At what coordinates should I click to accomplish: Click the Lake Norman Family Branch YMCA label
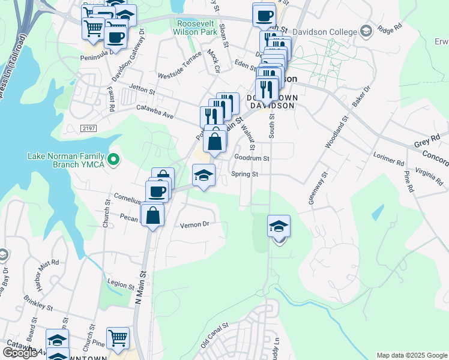coord(66,160)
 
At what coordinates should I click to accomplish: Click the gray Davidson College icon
coord(366,31)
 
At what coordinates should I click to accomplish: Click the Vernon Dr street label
coord(194,224)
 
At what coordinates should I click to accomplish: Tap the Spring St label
coord(246,175)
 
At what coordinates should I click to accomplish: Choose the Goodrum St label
coord(252,158)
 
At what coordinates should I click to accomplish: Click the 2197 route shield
coord(89,128)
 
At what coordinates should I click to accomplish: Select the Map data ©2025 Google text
coord(411,355)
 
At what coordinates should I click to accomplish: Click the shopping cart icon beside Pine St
coord(118,337)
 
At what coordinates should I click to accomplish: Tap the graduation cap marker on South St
coord(279,227)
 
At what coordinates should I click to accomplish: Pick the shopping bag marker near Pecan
coord(153,214)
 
